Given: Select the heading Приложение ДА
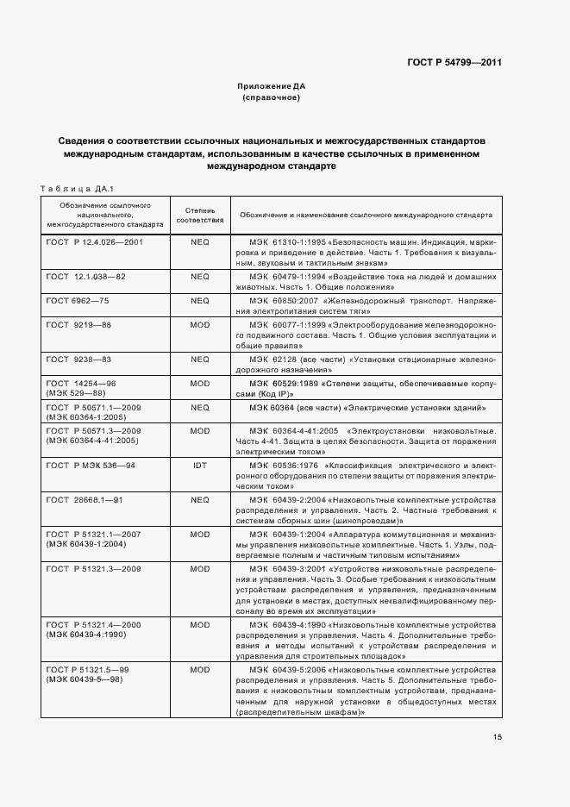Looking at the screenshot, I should click(x=272, y=87).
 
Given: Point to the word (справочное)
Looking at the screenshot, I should click(x=272, y=98).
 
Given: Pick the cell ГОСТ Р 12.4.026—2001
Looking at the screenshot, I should click(x=95, y=242).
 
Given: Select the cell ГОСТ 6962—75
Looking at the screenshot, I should click(x=78, y=301).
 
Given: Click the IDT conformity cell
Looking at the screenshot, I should click(x=200, y=465).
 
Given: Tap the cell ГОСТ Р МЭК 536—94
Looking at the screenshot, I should click(x=91, y=465).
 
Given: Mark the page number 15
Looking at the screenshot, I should click(x=498, y=736).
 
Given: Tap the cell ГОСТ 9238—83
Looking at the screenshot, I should click(x=78, y=359).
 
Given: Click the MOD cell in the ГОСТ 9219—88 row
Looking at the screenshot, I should click(x=200, y=324).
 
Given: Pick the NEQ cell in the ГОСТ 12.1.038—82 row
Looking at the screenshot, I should click(x=200, y=277).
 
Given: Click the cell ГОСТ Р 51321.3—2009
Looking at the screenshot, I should click(x=94, y=569).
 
